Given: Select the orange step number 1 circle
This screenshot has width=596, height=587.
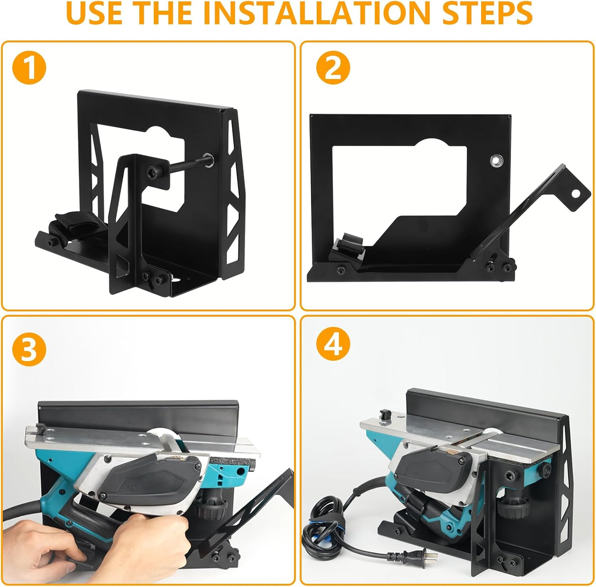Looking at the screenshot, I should click(x=29, y=69).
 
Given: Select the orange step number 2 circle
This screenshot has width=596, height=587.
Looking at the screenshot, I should click(x=333, y=69).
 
